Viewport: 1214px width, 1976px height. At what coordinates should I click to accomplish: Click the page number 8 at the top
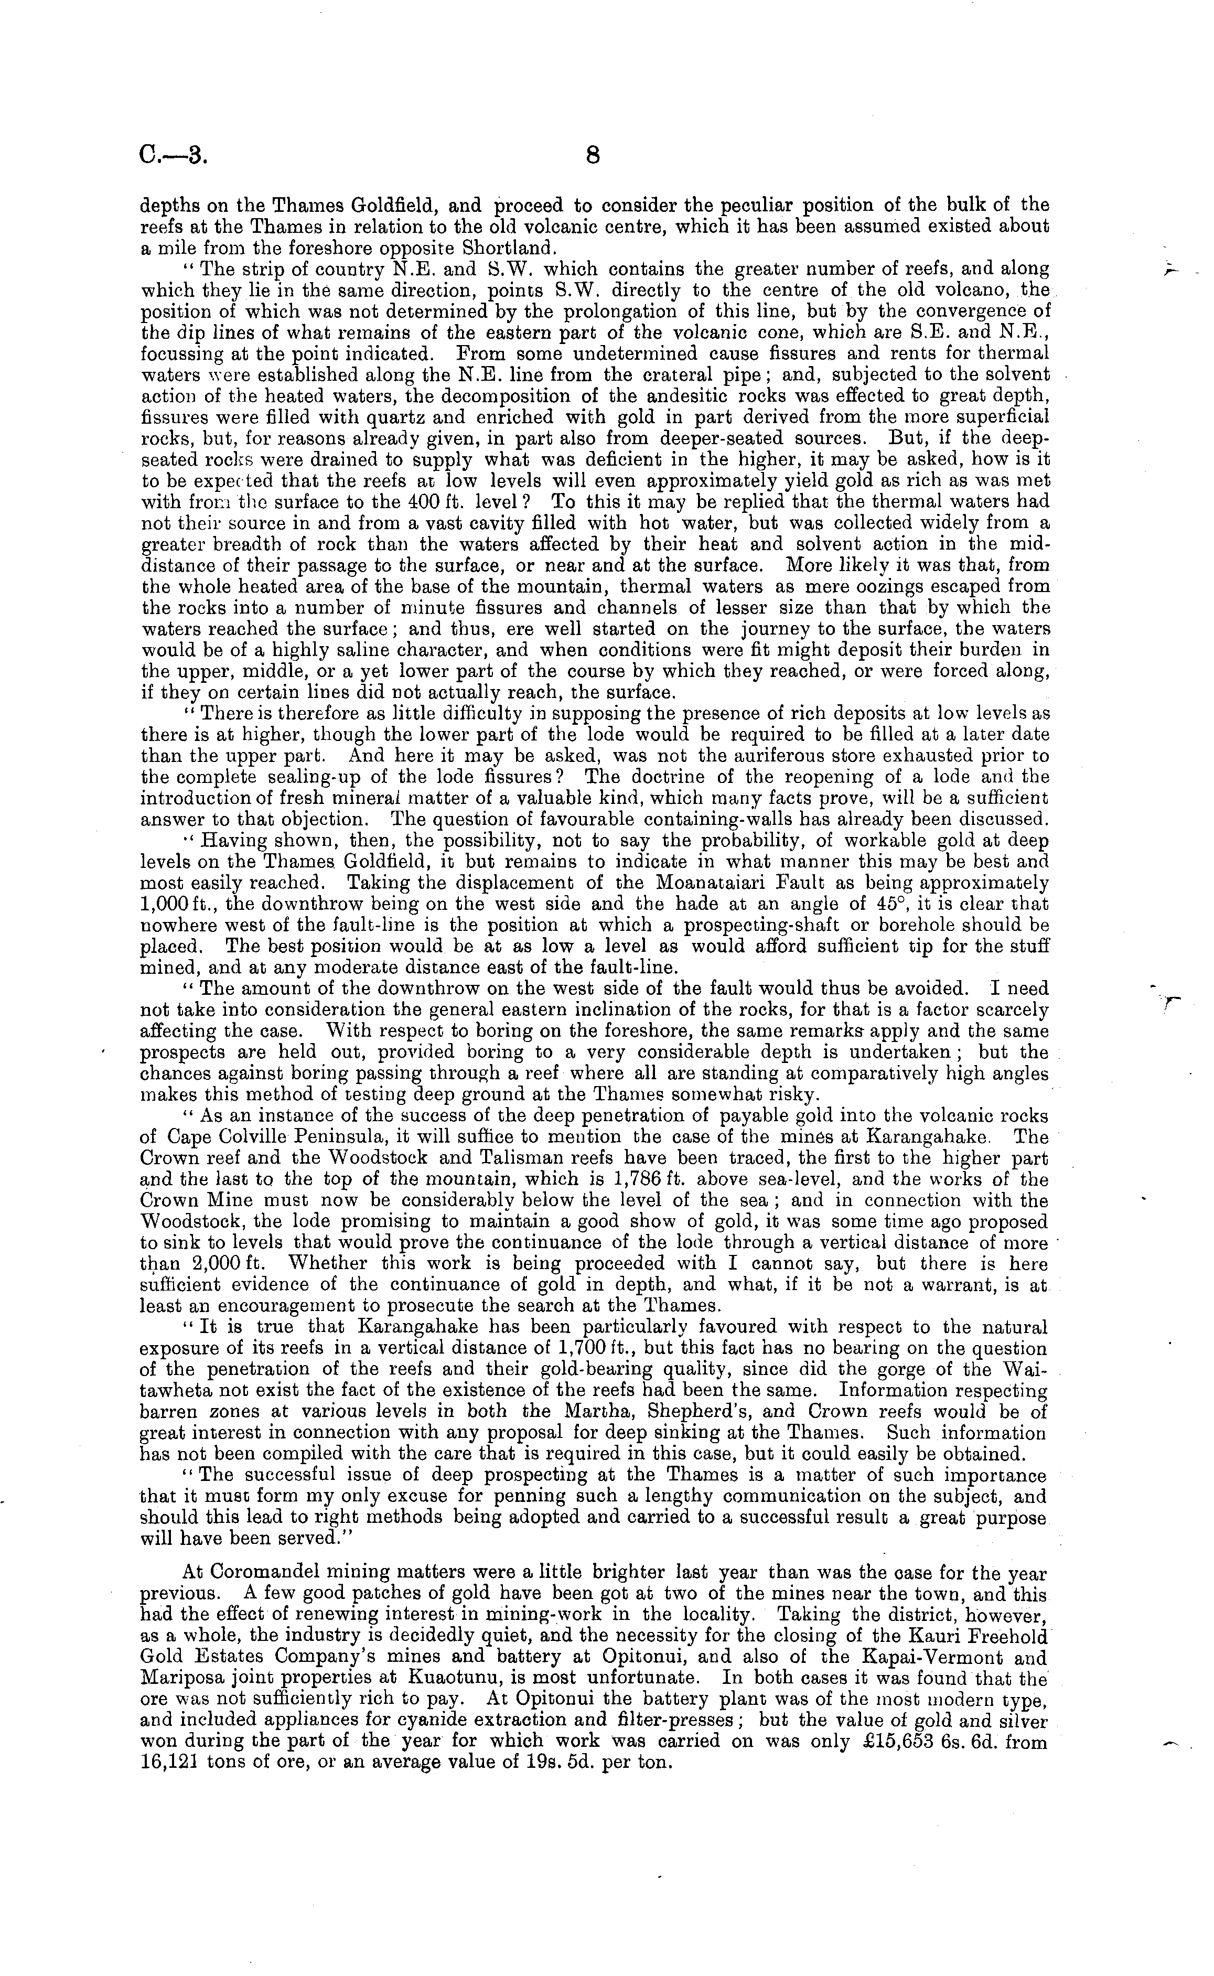[593, 155]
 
